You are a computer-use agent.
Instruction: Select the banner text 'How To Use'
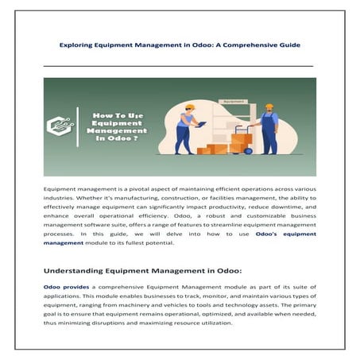click(x=116, y=115)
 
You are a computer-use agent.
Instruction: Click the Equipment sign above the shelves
click(x=234, y=102)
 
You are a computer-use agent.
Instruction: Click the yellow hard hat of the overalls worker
click(x=269, y=106)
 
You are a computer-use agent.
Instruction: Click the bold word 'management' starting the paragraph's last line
click(x=64, y=244)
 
